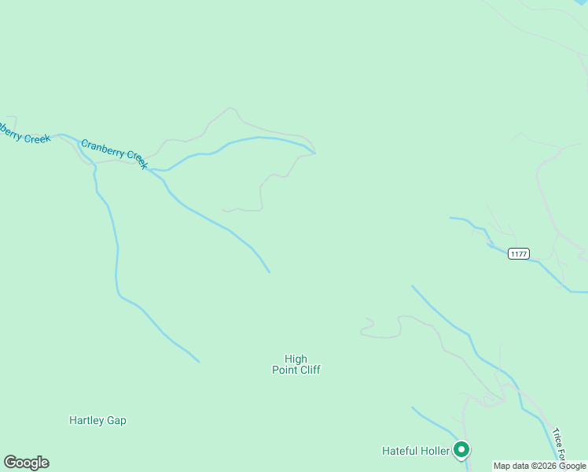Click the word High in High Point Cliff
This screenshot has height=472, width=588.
296,359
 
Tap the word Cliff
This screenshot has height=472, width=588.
310,370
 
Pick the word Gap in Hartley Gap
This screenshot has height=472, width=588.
117,420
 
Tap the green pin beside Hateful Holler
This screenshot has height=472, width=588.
461,449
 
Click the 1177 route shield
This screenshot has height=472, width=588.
518,253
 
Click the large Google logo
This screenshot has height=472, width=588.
26,463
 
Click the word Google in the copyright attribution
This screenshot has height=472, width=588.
572,466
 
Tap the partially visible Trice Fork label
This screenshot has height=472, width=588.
559,445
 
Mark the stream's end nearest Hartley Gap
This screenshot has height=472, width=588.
199,362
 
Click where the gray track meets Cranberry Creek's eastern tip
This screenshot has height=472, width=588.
315,153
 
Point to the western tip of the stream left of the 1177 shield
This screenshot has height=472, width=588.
450,218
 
